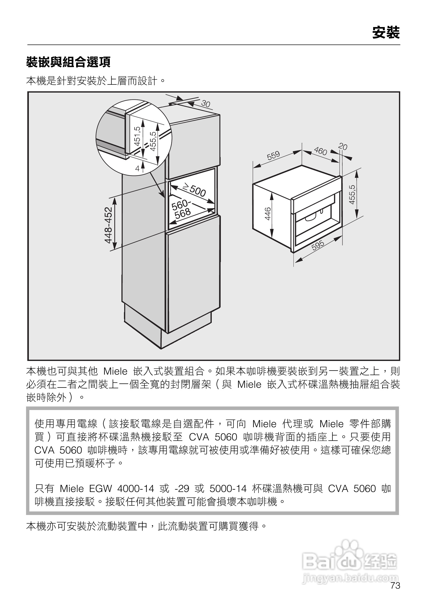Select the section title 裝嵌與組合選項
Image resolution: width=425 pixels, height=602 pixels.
click(68, 62)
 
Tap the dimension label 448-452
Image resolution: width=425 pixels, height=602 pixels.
click(108, 225)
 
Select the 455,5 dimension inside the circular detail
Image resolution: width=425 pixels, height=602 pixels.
click(153, 141)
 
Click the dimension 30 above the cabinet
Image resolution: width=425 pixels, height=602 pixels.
click(206, 104)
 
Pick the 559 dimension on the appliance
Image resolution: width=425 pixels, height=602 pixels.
click(273, 156)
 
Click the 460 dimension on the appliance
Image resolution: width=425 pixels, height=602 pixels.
click(320, 151)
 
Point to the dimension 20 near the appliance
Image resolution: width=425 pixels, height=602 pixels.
click(343, 146)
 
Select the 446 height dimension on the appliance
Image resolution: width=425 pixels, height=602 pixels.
click(267, 213)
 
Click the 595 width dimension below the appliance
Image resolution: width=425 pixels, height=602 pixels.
click(318, 245)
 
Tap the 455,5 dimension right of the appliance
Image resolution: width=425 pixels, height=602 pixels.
click(352, 195)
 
